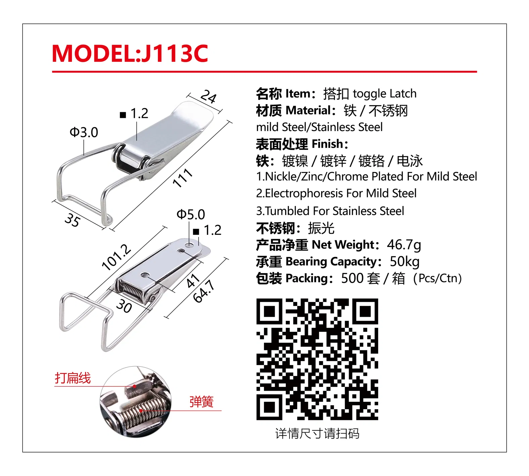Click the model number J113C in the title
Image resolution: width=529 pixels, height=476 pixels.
[175, 54]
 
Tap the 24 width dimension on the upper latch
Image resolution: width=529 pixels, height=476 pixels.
[209, 97]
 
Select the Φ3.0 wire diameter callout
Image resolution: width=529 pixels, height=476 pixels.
[84, 132]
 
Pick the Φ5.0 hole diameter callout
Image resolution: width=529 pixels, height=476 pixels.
[191, 214]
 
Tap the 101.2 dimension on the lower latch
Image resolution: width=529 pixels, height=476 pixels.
[116, 257]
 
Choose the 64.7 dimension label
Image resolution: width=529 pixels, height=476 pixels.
[204, 291]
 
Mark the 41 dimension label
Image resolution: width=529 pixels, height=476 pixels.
[193, 281]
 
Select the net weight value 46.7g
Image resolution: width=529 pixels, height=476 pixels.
[404, 245]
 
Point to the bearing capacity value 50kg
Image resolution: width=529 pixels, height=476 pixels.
[404, 262]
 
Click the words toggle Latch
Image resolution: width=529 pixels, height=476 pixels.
[385, 93]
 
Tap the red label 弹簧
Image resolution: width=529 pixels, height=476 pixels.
[202, 401]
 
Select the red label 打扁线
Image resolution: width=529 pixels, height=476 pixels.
[73, 378]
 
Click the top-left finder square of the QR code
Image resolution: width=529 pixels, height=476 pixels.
[269, 311]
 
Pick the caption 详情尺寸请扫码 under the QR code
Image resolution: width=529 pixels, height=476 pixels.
[317, 434]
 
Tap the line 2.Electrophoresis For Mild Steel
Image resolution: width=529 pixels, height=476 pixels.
[336, 193]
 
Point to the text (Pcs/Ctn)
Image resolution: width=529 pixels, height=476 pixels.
[437, 278]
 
